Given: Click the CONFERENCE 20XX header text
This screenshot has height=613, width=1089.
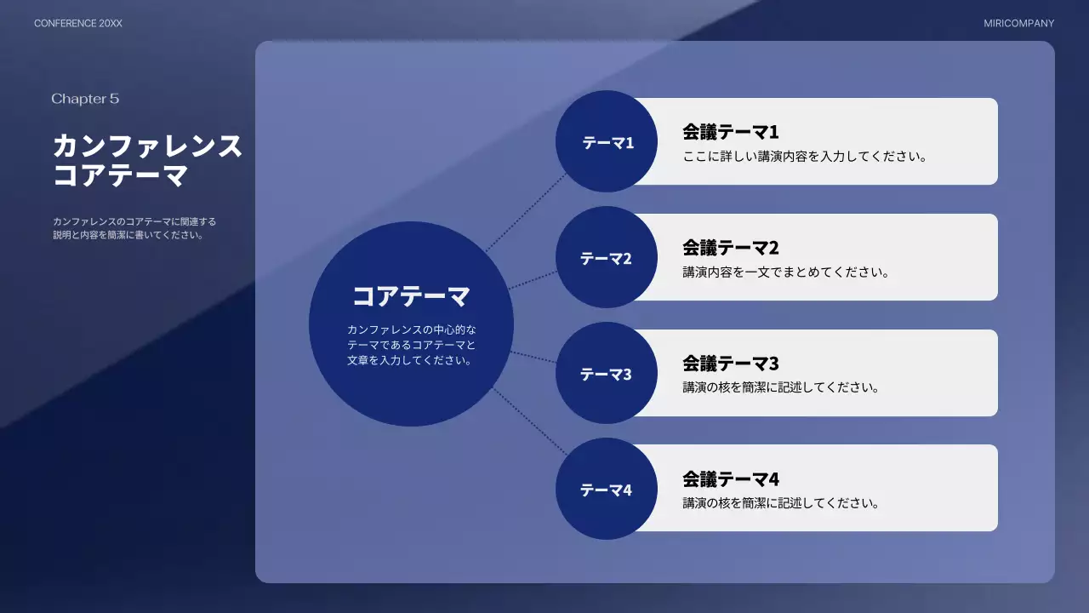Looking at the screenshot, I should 78,24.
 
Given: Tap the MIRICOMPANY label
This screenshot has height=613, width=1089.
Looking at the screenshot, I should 1018,24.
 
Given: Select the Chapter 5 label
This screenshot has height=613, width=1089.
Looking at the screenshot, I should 85,99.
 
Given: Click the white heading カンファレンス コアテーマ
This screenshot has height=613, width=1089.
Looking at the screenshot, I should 147,161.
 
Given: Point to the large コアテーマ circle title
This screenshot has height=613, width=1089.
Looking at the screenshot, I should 411,296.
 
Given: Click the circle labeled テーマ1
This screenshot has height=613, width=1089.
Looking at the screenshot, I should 607,142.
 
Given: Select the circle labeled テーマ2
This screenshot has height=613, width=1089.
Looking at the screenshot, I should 607,258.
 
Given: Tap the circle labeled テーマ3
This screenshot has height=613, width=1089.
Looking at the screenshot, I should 607,374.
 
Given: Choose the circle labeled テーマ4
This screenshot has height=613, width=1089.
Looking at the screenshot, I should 607,490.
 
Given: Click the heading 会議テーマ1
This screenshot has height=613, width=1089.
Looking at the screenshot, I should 731,132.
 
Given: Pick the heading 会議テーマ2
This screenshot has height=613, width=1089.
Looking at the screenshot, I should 731,248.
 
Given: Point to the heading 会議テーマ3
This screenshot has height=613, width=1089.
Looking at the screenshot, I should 731,364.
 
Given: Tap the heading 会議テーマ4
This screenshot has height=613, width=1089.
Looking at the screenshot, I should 731,478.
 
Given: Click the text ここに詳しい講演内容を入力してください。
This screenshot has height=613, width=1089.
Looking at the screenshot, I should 805,157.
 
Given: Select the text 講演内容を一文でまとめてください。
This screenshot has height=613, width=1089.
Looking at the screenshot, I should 786,272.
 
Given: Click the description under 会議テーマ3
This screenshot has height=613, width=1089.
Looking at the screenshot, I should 781,387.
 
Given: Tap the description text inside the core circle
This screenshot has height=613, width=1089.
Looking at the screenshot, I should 411,345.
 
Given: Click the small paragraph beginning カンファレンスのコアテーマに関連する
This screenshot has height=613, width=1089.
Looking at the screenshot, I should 134,228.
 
